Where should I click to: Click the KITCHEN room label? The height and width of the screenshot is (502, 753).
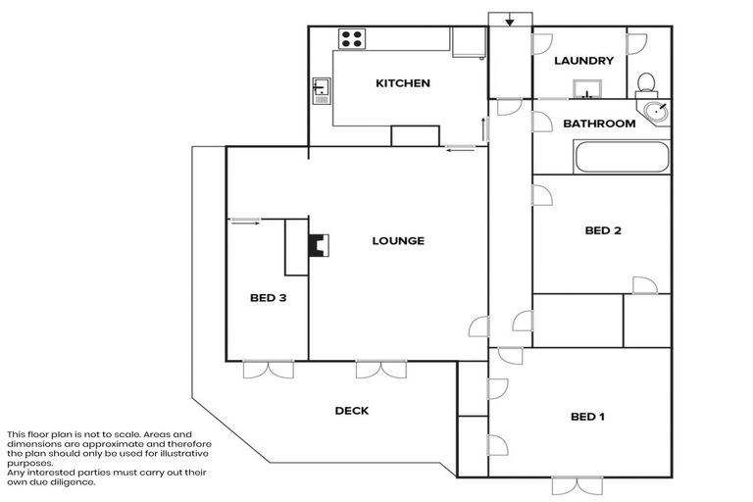(x=403, y=83)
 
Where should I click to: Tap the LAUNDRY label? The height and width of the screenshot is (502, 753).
(x=583, y=61)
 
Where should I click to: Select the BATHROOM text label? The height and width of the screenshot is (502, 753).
(x=599, y=124)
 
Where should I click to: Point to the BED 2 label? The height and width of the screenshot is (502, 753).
(x=603, y=231)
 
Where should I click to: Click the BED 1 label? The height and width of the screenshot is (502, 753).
(x=587, y=417)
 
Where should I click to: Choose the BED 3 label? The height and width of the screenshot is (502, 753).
(x=267, y=298)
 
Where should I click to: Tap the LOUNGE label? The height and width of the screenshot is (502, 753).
(x=397, y=240)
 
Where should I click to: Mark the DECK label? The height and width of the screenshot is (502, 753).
(x=351, y=411)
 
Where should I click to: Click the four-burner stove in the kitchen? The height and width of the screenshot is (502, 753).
(x=351, y=38)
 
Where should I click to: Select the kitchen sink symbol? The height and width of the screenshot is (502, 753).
(x=322, y=90)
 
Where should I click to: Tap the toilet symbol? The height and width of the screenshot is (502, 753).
(x=646, y=82)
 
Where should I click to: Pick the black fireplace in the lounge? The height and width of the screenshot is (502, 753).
(x=318, y=244)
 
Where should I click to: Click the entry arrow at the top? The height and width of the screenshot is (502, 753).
(x=510, y=21)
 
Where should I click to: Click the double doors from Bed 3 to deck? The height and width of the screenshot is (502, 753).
(x=268, y=370)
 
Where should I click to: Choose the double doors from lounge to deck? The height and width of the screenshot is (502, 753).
(x=380, y=370)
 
